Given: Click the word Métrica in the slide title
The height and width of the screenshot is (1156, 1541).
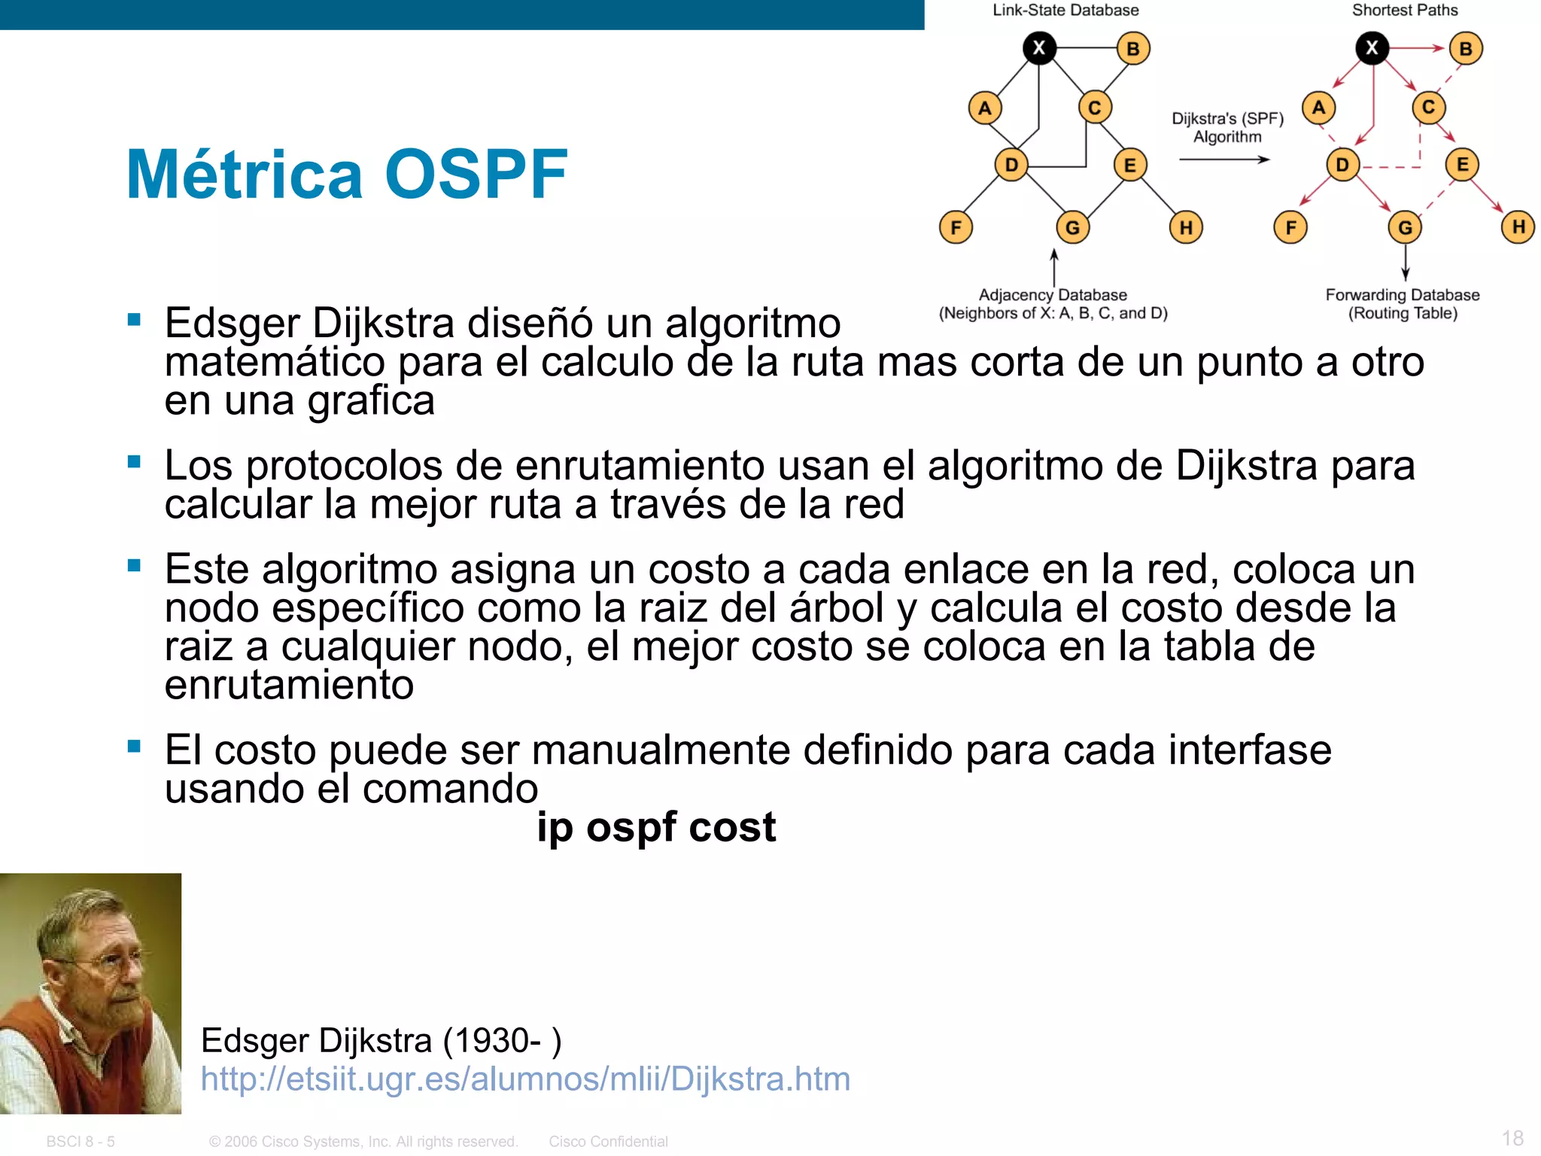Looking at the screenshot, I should (x=245, y=175).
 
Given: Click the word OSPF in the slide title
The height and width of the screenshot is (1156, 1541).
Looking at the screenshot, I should (x=476, y=175).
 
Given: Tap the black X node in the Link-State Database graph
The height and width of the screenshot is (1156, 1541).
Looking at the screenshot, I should (x=1039, y=48).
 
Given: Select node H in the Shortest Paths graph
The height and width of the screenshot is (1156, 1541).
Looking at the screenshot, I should (x=1518, y=227).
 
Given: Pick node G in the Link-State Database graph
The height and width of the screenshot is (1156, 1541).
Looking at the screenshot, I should (x=1072, y=227).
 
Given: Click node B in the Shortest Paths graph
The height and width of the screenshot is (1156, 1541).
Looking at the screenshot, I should (x=1465, y=49).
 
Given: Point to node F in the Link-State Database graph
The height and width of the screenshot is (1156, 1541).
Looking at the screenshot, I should (x=956, y=227).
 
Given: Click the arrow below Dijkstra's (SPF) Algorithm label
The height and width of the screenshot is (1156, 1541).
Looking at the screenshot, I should (x=1224, y=160).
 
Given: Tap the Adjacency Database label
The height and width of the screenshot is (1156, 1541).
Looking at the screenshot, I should (x=1053, y=295).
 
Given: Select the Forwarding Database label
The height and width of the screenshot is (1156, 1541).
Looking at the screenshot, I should (x=1403, y=295).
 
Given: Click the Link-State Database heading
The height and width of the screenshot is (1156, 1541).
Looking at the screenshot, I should (x=1065, y=11).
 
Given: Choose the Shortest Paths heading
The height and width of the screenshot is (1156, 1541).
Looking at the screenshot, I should (x=1405, y=11).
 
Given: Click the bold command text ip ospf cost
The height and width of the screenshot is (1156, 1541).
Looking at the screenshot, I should (x=656, y=827).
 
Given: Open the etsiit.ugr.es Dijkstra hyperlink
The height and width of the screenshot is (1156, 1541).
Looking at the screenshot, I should (x=525, y=1078).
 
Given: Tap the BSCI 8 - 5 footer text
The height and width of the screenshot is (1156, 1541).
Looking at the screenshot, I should (x=81, y=1142).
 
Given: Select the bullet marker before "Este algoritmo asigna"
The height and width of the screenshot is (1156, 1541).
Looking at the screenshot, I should (x=135, y=565).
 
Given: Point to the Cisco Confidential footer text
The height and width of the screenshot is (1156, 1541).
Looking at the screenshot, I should (x=608, y=1142).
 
